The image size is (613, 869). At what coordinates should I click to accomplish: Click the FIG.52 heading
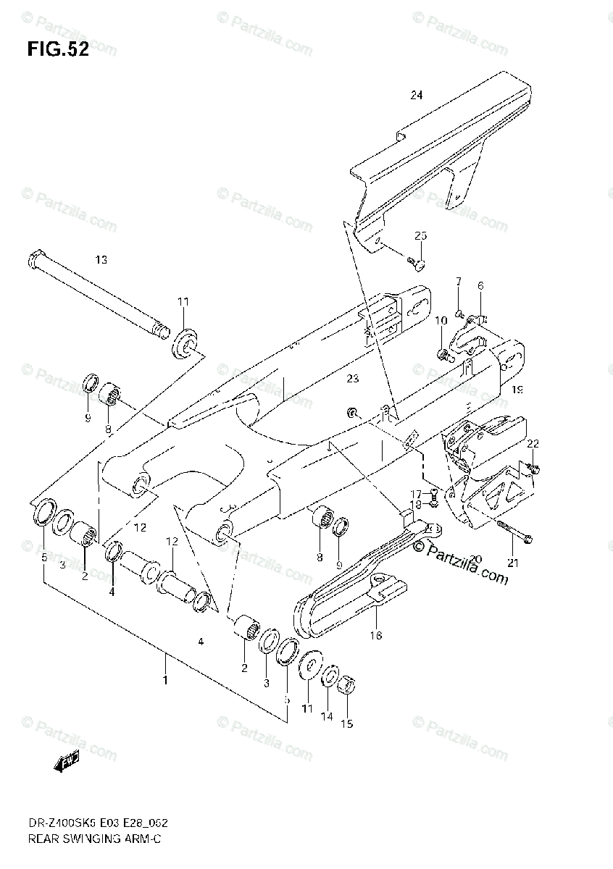click(x=58, y=50)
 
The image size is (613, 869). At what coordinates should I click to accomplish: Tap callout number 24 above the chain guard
click(x=415, y=95)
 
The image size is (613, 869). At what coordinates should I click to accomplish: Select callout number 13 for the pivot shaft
click(x=100, y=259)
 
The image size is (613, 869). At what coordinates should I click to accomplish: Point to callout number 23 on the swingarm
click(x=352, y=377)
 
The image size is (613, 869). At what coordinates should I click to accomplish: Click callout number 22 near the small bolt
click(x=533, y=443)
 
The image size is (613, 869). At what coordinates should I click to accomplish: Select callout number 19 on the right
click(x=517, y=390)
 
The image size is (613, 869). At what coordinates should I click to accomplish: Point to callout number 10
click(x=441, y=321)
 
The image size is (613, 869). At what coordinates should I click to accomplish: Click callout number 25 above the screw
click(x=421, y=236)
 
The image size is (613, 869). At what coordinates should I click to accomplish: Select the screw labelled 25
click(x=414, y=262)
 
